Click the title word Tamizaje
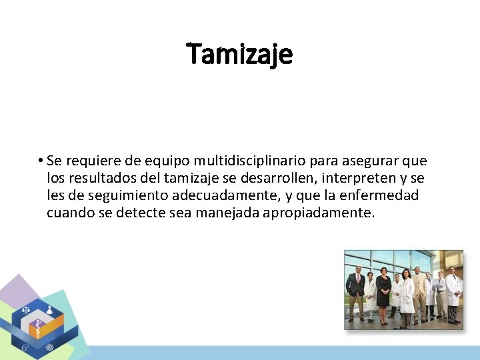pyautogui.click(x=239, y=54)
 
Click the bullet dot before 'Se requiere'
pyautogui.click(x=41, y=161)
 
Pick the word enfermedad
pyautogui.click(x=380, y=196)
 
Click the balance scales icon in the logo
pyautogui.click(x=27, y=310)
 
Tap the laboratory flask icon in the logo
pyautogui.click(x=50, y=311)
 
